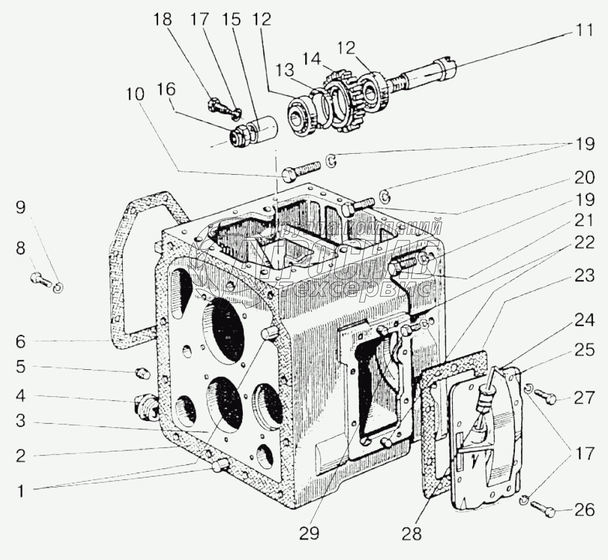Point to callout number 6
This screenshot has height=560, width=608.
click(20, 342)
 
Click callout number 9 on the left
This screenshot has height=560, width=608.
click(20, 208)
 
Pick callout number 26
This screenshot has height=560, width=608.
click(584, 511)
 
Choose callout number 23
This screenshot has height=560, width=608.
click(584, 276)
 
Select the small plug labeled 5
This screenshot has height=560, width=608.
click(142, 374)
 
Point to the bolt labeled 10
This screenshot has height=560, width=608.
click(300, 169)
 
